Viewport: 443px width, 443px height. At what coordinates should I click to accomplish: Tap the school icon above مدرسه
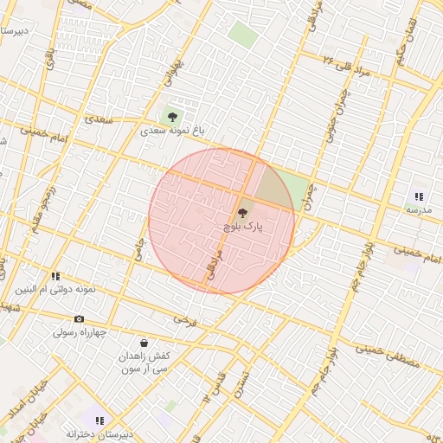click(x=419, y=196)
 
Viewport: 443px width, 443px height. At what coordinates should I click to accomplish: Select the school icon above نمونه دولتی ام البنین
click(x=55, y=276)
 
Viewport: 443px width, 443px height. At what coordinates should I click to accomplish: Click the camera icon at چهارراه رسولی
click(x=79, y=318)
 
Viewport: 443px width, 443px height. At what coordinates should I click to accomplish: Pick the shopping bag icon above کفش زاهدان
click(x=143, y=342)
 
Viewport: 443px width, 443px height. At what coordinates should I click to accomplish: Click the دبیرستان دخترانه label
click(x=100, y=433)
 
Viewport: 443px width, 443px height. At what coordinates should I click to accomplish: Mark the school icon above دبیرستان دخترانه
click(x=100, y=420)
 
